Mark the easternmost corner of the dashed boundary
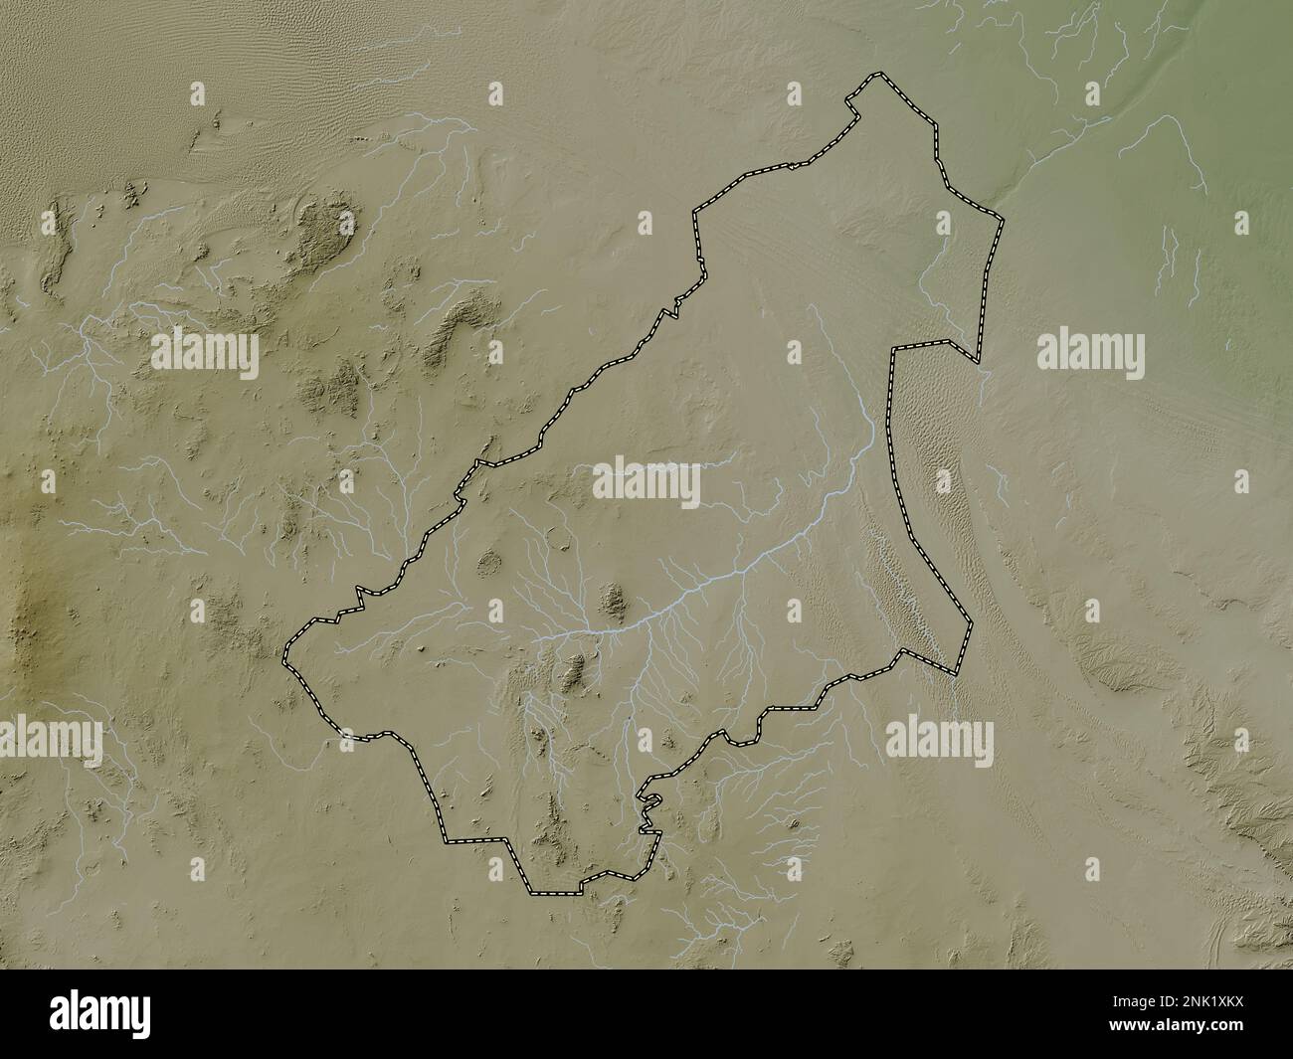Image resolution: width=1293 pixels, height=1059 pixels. (x=1002, y=218)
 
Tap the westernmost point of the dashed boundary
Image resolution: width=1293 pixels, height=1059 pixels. (x=283, y=658)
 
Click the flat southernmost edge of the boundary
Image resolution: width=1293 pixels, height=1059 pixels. (x=553, y=893)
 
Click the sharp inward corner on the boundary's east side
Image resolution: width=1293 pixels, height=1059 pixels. (x=894, y=350)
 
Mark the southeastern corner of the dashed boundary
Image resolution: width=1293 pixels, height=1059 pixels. (x=957, y=674)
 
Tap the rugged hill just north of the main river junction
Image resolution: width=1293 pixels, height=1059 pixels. (x=615, y=600)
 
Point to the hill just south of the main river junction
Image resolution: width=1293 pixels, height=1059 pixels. (x=573, y=676)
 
